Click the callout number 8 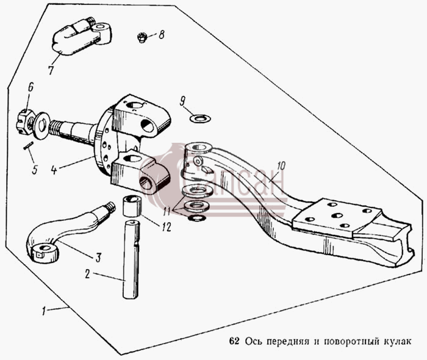[162, 35]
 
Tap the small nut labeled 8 [142, 37]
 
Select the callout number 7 [51, 70]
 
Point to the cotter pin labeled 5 [28, 145]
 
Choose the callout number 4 [54, 170]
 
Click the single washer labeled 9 [200, 118]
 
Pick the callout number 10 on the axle [281, 167]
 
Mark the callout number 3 [98, 257]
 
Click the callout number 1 [43, 311]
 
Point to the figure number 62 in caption [234, 341]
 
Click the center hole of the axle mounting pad [337, 215]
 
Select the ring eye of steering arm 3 [44, 253]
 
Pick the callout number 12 [167, 226]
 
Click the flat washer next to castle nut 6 [41, 126]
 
